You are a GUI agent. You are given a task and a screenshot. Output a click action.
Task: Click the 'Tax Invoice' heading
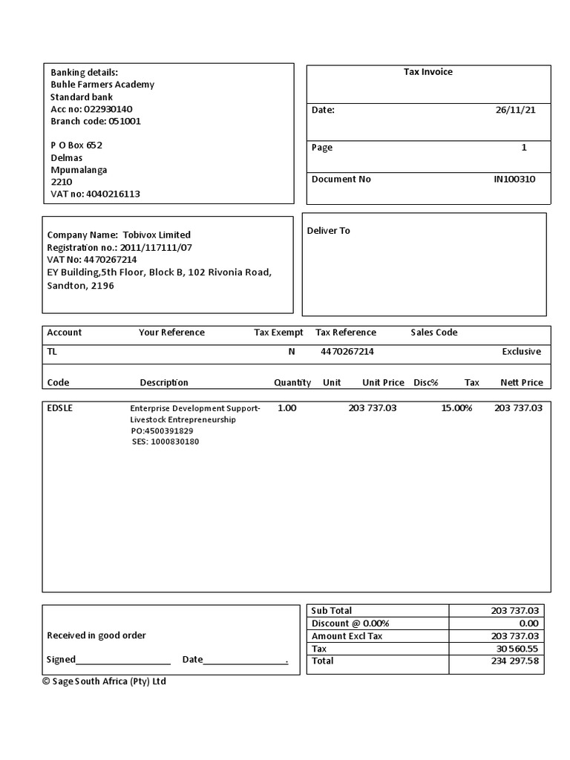pyautogui.click(x=427, y=72)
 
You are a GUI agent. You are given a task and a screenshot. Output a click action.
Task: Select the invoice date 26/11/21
pyautogui.click(x=515, y=110)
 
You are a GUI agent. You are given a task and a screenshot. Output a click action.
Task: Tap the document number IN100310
pyautogui.click(x=514, y=179)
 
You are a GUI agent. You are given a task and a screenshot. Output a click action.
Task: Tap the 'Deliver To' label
pyautogui.click(x=328, y=231)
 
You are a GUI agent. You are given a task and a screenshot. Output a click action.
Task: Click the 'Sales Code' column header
pyautogui.click(x=433, y=332)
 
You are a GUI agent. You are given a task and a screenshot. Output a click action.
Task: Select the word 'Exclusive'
pyautogui.click(x=521, y=352)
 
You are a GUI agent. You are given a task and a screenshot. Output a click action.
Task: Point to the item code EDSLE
pyautogui.click(x=60, y=408)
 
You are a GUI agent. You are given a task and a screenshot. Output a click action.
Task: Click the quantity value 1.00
pyautogui.click(x=286, y=408)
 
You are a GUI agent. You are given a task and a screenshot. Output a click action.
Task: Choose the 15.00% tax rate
pyautogui.click(x=456, y=408)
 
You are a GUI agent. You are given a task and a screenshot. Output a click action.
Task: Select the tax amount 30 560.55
pyautogui.click(x=517, y=649)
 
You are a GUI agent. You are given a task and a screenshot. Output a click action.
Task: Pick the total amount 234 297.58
pyautogui.click(x=514, y=661)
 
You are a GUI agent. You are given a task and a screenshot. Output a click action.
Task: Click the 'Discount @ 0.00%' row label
pyautogui.click(x=350, y=623)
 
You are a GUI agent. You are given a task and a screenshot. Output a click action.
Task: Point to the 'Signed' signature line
pyautogui.click(x=122, y=660)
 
